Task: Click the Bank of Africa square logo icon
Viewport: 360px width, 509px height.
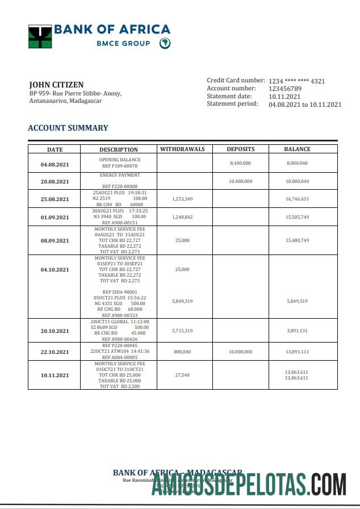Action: pos(40,36)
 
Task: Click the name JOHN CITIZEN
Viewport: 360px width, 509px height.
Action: pos(56,85)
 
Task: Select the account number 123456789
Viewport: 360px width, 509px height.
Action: pos(285,89)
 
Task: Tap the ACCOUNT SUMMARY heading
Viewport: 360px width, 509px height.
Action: pos(68,128)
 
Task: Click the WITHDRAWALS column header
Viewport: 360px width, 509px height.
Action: pos(182,149)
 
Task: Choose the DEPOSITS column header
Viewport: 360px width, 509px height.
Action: pos(241,149)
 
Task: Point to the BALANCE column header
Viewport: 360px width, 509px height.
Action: pos(298,149)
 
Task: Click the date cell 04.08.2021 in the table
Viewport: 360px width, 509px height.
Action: pos(55,165)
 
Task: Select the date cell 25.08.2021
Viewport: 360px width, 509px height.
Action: pos(55,199)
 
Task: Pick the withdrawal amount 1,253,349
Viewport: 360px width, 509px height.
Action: pos(182,199)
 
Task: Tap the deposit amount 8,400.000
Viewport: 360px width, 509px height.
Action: pos(241,163)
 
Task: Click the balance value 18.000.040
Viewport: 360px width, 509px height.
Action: pos(298,181)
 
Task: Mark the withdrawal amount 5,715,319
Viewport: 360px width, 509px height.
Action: pos(182,331)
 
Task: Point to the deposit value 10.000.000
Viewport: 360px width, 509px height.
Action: pos(241,352)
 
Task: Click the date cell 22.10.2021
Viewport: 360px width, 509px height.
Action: pos(55,352)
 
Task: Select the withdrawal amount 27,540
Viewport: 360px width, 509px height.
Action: pos(182,375)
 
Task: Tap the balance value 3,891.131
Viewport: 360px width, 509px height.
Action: pos(298,331)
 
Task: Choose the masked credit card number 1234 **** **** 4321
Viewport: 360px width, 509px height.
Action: pos(296,81)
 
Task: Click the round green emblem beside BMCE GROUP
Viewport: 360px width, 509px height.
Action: pos(164,43)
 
